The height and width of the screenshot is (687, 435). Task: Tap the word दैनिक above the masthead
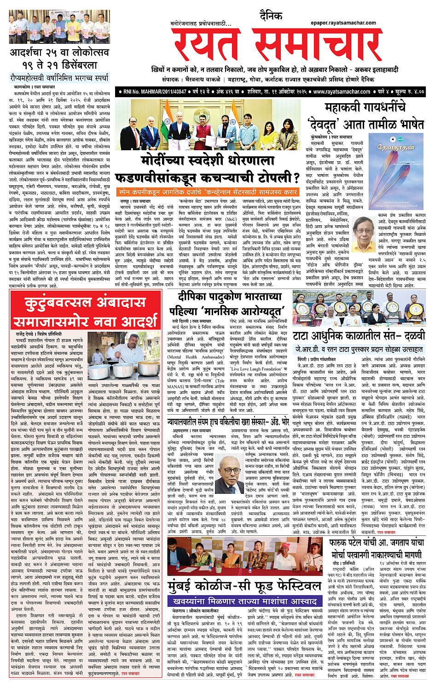click(x=271, y=16)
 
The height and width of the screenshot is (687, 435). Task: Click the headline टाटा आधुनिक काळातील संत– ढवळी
click(x=359, y=336)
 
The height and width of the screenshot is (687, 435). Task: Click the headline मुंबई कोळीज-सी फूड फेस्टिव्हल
click(x=244, y=586)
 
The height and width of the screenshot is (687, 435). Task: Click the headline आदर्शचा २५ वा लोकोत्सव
click(x=59, y=59)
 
